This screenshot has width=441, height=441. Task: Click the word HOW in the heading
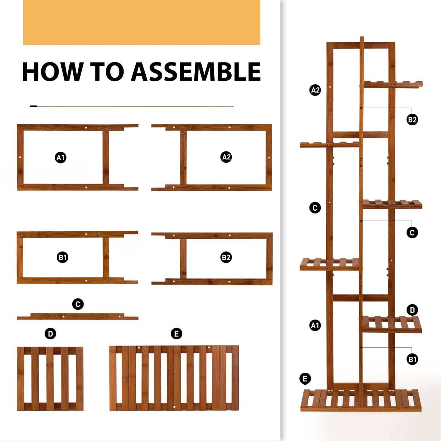53,71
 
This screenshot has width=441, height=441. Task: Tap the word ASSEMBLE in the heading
196,71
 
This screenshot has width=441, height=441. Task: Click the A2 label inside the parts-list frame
226,157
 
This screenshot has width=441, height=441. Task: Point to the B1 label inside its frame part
62,257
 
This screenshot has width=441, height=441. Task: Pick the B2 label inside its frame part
226,257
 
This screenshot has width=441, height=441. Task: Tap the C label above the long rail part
78,304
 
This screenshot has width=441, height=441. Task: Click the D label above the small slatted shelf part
50,334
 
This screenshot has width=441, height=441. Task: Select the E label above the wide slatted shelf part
177,334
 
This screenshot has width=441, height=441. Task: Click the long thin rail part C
78,316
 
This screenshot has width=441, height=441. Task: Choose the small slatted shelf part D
50,379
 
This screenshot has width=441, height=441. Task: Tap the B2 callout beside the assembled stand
412,120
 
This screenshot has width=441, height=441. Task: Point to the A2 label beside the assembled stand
315,90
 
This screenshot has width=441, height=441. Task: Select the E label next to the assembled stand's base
305,379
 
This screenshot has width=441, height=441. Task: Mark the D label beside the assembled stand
412,310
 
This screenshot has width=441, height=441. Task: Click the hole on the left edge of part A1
20,157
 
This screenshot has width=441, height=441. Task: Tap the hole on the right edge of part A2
269,157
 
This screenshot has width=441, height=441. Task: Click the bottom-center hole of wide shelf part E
174,407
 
